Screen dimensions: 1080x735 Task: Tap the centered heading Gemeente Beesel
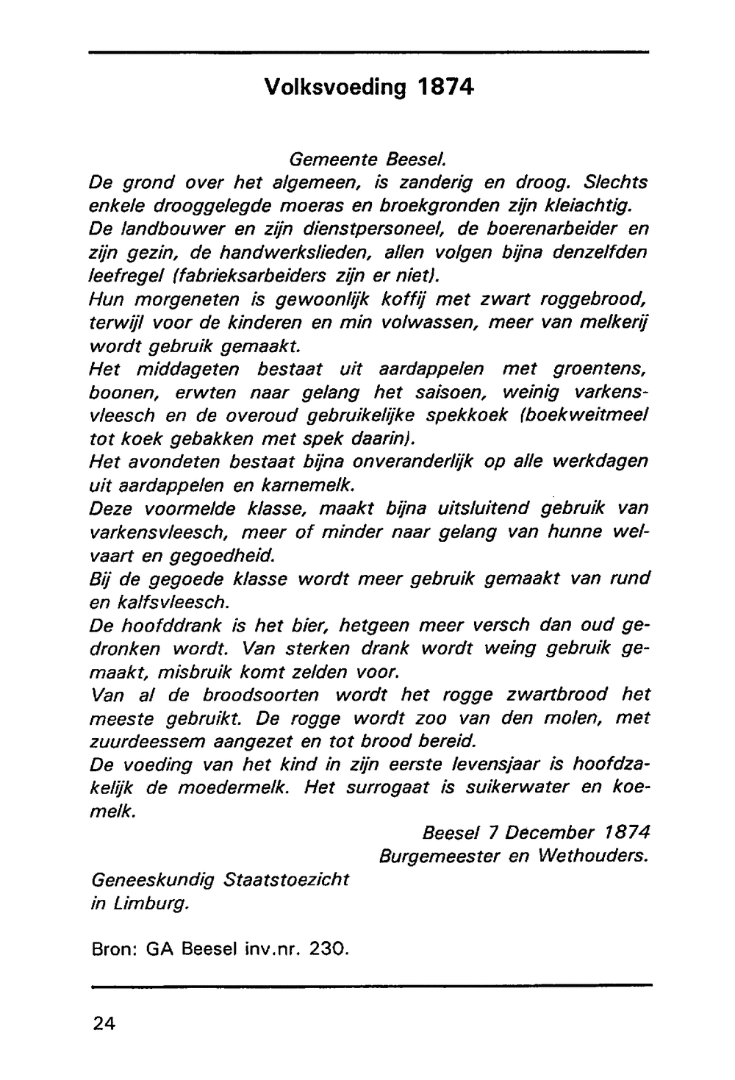coord(368,159)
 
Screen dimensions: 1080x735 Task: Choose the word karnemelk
coord(315,485)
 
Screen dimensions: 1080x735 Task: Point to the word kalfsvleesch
coord(174,601)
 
